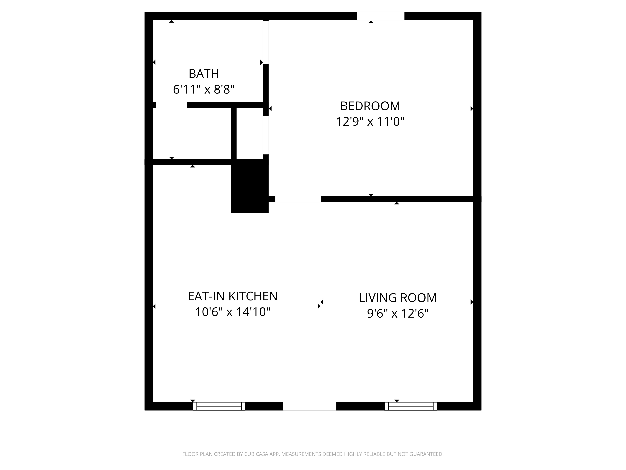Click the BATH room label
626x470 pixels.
[x=204, y=74]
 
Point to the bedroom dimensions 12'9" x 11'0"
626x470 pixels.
[x=370, y=122]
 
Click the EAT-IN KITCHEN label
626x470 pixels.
[x=233, y=296]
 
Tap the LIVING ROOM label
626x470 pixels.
[x=398, y=298]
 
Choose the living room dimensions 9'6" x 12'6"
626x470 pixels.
[x=398, y=314]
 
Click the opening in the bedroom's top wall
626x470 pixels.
[x=380, y=16]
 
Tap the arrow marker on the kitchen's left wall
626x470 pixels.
[x=154, y=306]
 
